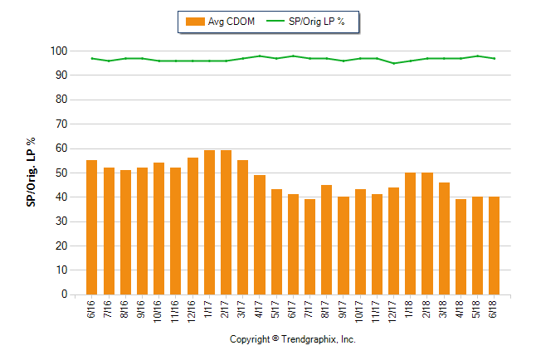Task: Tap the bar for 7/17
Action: [309, 246]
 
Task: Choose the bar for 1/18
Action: [410, 233]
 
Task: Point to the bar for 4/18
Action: [460, 246]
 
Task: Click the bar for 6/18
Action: [495, 246]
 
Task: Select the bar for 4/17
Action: [260, 235]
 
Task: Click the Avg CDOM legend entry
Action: [220, 22]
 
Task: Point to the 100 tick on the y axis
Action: [57, 51]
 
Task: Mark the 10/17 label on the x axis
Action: [360, 311]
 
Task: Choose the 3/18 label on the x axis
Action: [444, 310]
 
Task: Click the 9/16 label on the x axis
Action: [142, 310]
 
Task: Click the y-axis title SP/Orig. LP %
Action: [32, 173]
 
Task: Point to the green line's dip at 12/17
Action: [394, 63]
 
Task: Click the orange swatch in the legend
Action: [194, 22]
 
